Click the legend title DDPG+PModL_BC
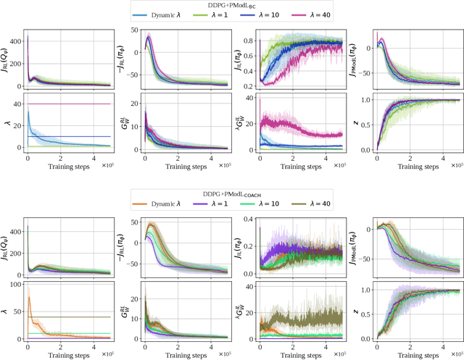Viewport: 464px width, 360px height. point(231,4)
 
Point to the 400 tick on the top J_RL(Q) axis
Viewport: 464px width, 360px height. point(16,38)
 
